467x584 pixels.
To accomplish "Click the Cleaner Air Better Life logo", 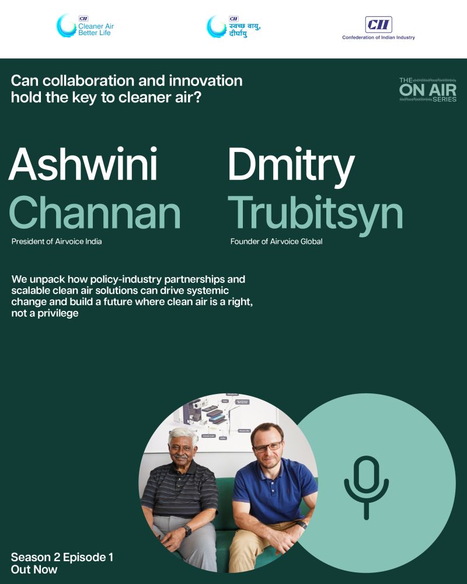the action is pyautogui.click(x=85, y=26).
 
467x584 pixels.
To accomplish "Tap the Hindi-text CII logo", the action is pyautogui.click(x=233, y=26).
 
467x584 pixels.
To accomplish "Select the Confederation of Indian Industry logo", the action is pyautogui.click(x=378, y=28).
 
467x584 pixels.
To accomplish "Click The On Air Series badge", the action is pyautogui.click(x=427, y=90).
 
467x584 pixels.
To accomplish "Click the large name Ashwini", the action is pyautogui.click(x=83, y=164).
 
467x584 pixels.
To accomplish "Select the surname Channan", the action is pyautogui.click(x=95, y=212).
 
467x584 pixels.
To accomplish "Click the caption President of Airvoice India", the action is pyautogui.click(x=57, y=241).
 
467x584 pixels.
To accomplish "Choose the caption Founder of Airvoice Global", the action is pyautogui.click(x=276, y=241).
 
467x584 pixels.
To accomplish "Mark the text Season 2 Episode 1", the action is pyautogui.click(x=62, y=557).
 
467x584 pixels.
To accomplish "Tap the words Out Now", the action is pyautogui.click(x=34, y=569).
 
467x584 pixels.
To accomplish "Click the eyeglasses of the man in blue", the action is pyautogui.click(x=268, y=447).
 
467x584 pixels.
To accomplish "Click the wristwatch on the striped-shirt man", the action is pyautogui.click(x=187, y=530).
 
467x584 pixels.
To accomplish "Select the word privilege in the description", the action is pyautogui.click(x=58, y=313).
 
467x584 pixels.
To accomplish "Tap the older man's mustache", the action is pyautogui.click(x=181, y=456).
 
